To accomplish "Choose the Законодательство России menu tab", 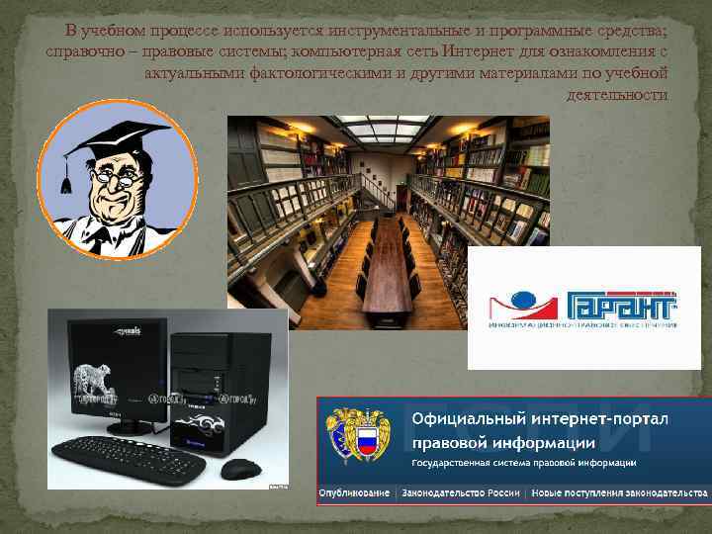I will [461, 491].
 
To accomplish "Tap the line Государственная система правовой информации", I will [524, 462].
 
